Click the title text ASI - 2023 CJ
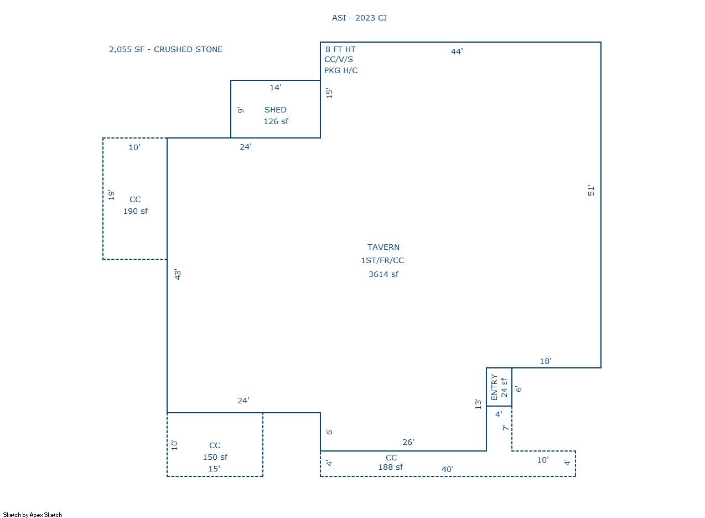coord(359,18)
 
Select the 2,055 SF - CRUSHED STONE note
coord(165,49)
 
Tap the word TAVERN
coord(383,247)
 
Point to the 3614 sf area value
coord(383,274)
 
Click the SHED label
coord(275,110)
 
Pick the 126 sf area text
coord(275,121)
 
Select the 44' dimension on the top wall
coord(457,52)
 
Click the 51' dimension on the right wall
coord(591,191)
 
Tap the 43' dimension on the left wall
coord(178,274)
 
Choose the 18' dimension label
coord(545,361)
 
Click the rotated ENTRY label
coord(494,387)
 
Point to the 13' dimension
coord(478,404)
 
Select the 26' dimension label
coord(408,442)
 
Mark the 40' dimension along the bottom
coord(447,469)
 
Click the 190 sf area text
coord(135,211)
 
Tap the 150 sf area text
coord(215,457)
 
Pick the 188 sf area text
coord(390,467)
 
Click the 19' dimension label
coord(111,195)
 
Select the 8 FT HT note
coord(340,49)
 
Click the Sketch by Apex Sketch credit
coord(33,515)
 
